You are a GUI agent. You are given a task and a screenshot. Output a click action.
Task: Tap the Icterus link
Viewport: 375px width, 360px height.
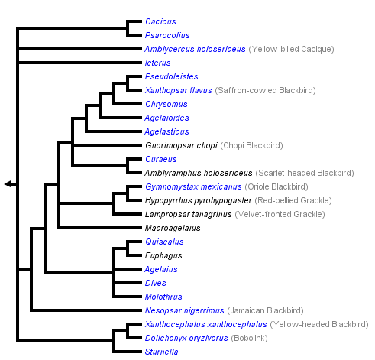click(157, 63)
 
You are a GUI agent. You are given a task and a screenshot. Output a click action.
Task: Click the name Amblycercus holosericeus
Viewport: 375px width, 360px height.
click(195, 49)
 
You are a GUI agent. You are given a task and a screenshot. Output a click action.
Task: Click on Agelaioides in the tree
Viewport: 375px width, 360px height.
click(166, 118)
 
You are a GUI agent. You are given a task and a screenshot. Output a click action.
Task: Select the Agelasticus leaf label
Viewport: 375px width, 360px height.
click(166, 131)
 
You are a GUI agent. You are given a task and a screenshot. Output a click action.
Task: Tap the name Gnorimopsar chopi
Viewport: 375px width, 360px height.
click(180, 145)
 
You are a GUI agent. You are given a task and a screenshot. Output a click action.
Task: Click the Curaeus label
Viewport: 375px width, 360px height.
click(160, 159)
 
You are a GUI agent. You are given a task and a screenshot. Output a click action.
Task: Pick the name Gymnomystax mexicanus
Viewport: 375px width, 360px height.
click(192, 186)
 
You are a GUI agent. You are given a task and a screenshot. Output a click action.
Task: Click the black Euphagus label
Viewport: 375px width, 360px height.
click(162, 255)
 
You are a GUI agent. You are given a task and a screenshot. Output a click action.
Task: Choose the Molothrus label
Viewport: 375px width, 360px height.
click(163, 297)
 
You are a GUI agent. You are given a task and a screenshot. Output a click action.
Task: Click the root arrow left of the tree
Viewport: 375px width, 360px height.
click(8, 183)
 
